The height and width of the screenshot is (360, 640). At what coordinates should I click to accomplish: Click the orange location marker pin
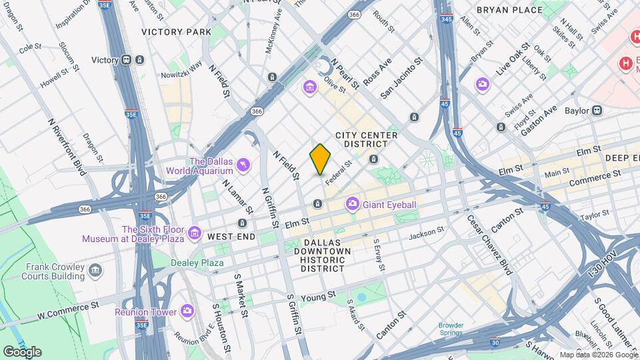(320, 159)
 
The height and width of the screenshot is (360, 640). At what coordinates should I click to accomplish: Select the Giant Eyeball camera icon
(352, 203)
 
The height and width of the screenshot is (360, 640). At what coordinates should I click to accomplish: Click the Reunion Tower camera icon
(187, 311)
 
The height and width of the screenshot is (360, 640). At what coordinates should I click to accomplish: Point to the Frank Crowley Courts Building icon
(96, 271)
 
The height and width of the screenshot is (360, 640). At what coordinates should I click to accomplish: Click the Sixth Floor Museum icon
(194, 233)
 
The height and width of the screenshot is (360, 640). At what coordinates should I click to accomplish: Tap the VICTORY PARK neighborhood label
(175, 31)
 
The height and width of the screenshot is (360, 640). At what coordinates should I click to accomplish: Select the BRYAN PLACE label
(510, 11)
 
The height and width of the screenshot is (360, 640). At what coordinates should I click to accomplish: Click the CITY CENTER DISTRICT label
(366, 139)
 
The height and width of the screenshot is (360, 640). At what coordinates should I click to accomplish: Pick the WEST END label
(231, 237)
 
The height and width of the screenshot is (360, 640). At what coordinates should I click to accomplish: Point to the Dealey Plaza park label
(197, 263)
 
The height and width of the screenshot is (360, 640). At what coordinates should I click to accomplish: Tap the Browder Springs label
(451, 329)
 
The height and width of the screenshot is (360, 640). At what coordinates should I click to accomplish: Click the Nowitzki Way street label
(181, 69)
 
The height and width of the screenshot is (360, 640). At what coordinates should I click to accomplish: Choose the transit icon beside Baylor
(597, 111)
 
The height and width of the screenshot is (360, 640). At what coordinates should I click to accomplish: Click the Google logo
(22, 351)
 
